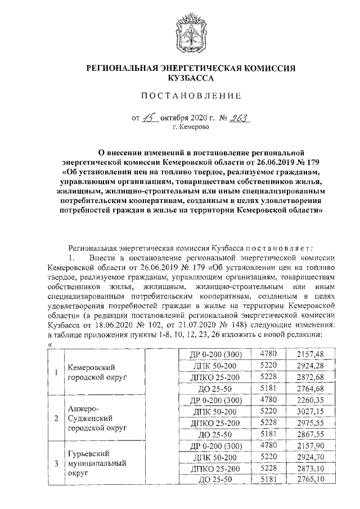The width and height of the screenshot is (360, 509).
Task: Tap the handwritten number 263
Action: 237,118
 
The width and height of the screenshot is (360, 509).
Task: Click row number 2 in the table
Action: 56,419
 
